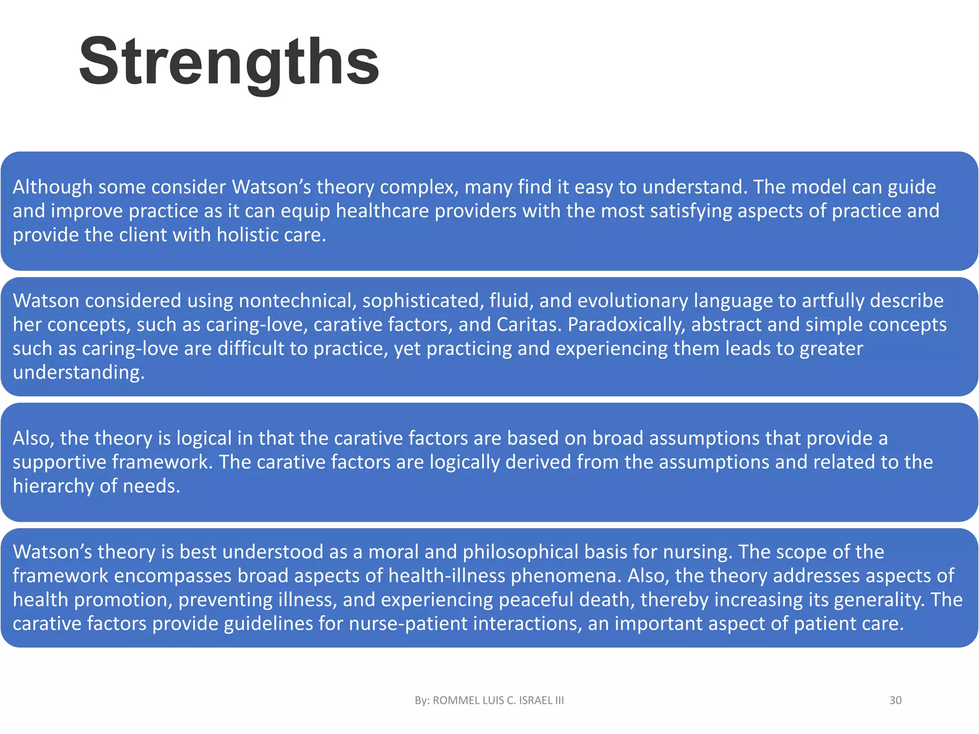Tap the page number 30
[x=895, y=701]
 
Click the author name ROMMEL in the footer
[x=456, y=701]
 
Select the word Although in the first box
[x=52, y=187]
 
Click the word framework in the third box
[x=162, y=462]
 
